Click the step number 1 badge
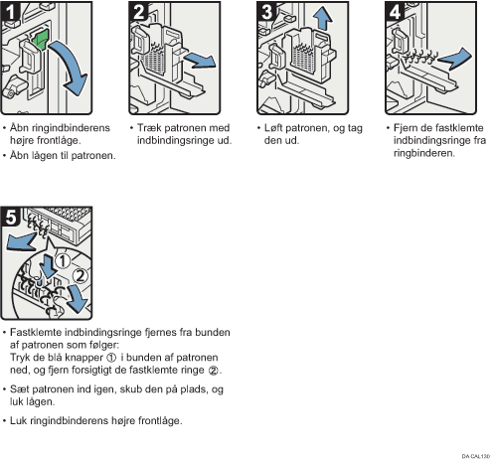(10, 12)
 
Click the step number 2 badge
(138, 12)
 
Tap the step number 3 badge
(266, 12)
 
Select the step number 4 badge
(395, 12)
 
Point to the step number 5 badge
(11, 217)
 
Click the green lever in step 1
(41, 40)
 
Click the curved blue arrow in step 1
(73, 67)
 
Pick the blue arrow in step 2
(199, 61)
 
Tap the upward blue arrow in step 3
(323, 19)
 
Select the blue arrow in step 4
(455, 58)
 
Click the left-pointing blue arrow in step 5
(21, 241)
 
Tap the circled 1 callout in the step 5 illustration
(63, 261)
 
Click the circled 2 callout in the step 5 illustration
(80, 275)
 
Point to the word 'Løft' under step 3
(273, 128)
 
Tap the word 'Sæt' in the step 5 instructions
(19, 389)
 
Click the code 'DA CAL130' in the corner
(476, 456)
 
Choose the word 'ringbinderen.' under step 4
(424, 153)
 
